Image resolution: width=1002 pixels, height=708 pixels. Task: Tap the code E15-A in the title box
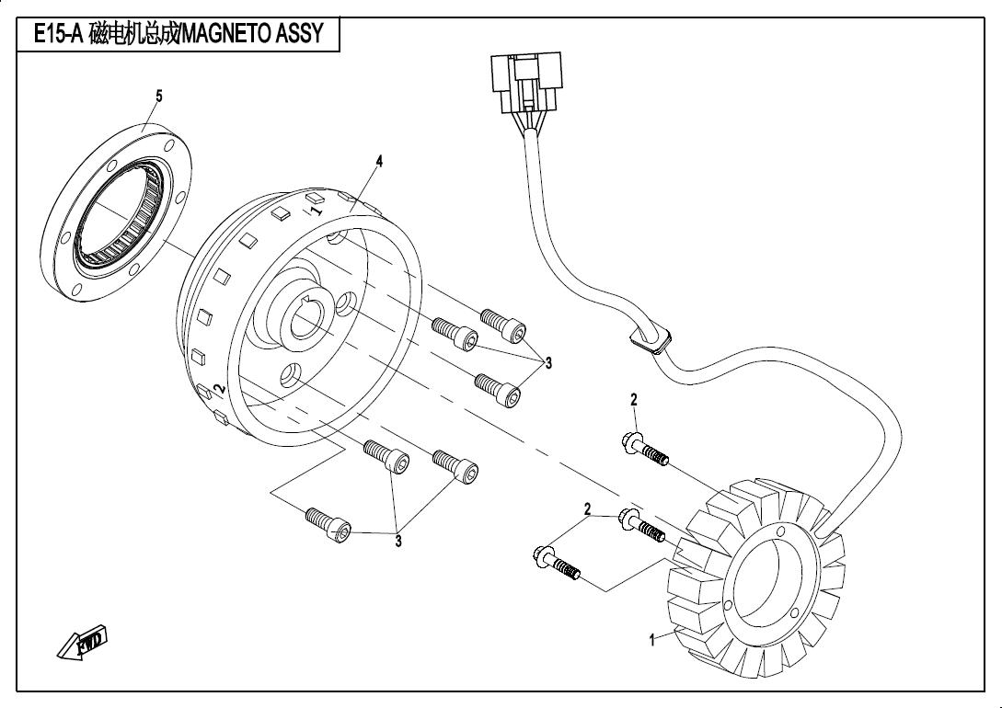coord(59,35)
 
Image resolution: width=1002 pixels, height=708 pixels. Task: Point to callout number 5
coord(159,96)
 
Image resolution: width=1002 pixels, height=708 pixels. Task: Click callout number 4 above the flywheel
coord(378,161)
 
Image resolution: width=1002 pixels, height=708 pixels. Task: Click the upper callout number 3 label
coord(548,363)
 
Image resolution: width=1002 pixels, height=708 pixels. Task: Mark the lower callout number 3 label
coord(398,542)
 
